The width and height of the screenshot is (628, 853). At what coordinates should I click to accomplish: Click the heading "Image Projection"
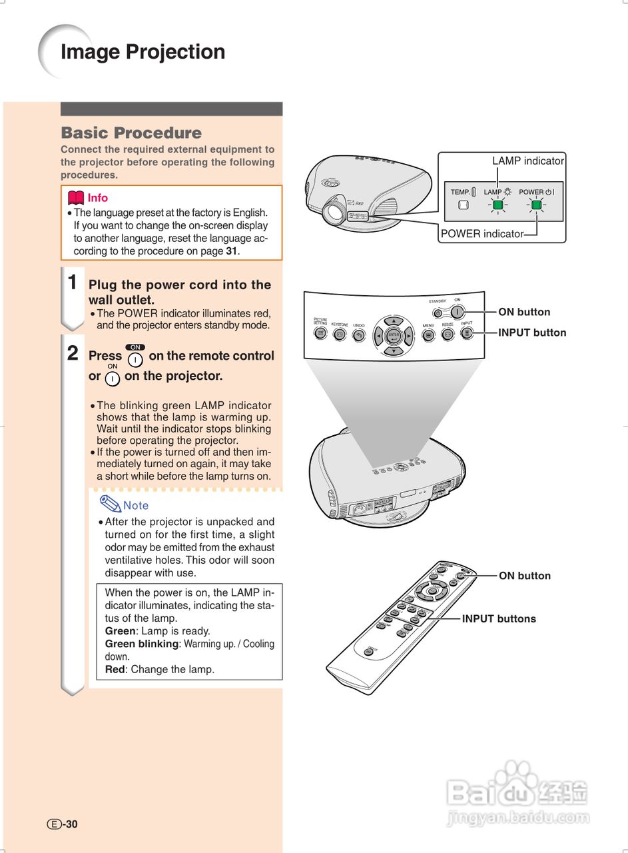(143, 52)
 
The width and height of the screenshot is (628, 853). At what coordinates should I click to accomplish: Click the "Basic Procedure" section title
(131, 133)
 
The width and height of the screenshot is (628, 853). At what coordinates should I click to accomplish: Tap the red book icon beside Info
(76, 198)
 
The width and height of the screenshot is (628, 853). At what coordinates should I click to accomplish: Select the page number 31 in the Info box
(231, 251)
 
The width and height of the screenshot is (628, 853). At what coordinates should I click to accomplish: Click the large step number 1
(73, 282)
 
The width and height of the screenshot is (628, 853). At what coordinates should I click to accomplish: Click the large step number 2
(73, 353)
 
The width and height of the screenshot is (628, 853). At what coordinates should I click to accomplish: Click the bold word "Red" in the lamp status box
(115, 669)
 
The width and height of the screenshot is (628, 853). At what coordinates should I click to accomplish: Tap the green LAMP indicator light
(497, 205)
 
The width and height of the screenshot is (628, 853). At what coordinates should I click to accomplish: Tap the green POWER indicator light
(536, 205)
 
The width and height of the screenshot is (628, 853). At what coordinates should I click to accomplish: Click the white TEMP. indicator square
(464, 205)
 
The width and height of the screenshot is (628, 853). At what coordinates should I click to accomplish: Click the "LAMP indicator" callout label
(527, 161)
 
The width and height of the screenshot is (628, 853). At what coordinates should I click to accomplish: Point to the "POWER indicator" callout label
(481, 234)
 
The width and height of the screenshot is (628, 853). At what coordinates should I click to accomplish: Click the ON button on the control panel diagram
(457, 311)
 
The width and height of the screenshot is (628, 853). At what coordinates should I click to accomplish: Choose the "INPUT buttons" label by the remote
(499, 618)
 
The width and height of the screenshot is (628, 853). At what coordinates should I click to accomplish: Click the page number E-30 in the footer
(63, 824)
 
